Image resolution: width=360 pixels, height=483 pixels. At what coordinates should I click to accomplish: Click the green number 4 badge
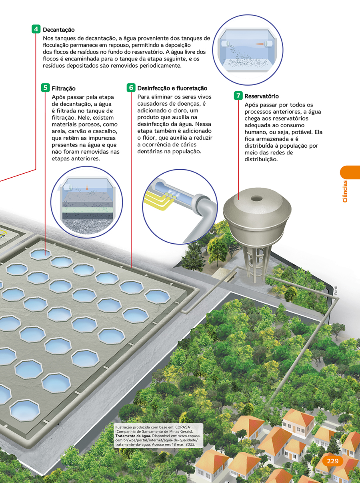(x=36, y=29)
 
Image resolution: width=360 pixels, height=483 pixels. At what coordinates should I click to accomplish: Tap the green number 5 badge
(x=45, y=88)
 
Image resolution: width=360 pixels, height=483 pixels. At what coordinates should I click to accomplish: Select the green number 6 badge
(x=131, y=88)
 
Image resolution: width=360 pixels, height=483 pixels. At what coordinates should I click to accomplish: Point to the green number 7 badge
(x=238, y=96)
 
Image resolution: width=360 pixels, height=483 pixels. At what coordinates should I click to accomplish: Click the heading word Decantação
(x=59, y=30)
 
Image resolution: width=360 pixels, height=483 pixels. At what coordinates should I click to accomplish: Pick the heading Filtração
(x=64, y=88)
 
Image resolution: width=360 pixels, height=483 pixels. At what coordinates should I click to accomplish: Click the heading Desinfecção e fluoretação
(x=172, y=88)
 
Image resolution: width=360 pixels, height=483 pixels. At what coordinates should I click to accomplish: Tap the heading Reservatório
(x=262, y=96)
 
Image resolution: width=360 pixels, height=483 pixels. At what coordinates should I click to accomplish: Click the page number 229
(x=332, y=461)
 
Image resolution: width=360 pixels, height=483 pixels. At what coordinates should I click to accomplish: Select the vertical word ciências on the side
(x=345, y=191)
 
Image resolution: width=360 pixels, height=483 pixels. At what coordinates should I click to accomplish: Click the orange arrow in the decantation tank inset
(x=260, y=44)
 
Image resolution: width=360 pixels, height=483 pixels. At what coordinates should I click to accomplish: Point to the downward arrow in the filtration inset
(x=87, y=187)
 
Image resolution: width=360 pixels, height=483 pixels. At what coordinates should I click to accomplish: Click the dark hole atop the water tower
(x=256, y=198)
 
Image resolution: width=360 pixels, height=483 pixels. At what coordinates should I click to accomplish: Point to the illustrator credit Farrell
(x=336, y=291)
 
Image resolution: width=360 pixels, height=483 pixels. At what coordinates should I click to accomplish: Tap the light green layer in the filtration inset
(x=88, y=210)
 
